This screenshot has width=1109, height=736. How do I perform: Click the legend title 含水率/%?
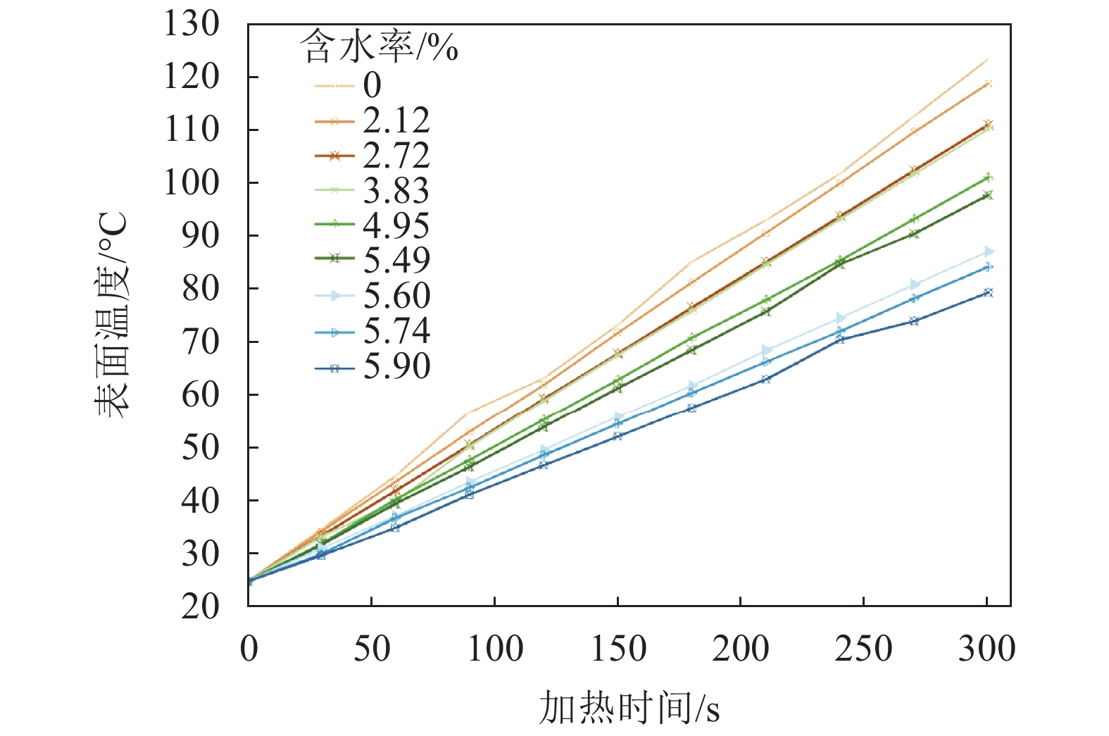point(379,48)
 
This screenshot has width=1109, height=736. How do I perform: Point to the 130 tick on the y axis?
point(192,24)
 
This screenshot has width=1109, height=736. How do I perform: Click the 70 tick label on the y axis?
point(200,342)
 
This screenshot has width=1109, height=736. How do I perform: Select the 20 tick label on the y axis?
point(200,606)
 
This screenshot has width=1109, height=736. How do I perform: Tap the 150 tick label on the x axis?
point(618,649)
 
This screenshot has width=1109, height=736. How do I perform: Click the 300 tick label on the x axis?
point(986,649)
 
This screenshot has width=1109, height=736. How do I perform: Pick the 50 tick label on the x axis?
point(371,649)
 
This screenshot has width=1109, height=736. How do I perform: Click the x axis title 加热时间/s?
point(629,708)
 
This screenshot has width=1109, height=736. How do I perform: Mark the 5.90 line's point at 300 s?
point(988,292)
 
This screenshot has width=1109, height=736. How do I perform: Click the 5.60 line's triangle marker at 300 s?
point(989,251)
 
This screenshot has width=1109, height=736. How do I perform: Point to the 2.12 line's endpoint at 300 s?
point(988,84)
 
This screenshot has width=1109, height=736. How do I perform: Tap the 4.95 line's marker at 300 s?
point(988,177)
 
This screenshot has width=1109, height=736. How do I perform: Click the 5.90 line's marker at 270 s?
point(914,321)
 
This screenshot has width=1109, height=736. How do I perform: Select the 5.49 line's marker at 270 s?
point(914,234)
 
